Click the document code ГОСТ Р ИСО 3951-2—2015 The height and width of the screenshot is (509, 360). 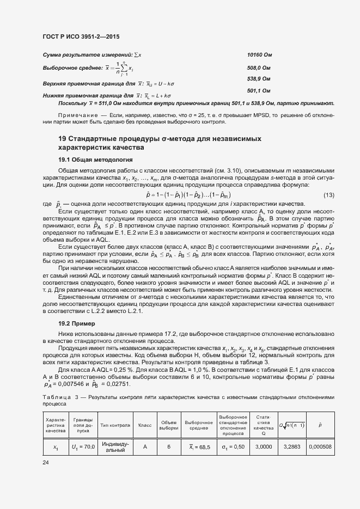81,37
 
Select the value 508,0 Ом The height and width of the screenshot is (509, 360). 259,68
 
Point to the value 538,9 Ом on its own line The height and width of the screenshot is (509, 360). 259,79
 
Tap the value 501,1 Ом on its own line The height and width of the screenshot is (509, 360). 259,90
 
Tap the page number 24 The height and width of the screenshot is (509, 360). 45,463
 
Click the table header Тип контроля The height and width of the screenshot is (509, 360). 115,425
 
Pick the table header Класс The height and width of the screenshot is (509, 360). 145,425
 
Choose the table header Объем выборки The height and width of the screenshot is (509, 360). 169,425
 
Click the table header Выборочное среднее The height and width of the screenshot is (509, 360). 198,425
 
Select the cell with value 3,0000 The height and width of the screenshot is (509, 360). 264,447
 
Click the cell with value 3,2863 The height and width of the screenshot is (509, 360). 292,447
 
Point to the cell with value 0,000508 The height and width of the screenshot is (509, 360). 320,447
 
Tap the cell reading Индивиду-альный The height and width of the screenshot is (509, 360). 115,447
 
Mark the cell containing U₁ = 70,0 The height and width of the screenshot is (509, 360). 83,447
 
